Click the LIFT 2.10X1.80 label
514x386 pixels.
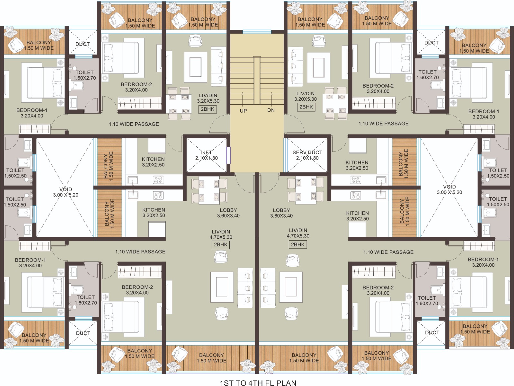[207, 155]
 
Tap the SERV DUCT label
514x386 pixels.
[307, 152]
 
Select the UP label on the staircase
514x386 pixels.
[243, 111]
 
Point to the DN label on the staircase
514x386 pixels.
[271, 110]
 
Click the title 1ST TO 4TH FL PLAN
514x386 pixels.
[258, 383]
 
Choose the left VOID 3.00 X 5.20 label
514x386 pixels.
[66, 192]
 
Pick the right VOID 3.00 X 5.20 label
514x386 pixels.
[449, 189]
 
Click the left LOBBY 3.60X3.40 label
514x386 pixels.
[228, 213]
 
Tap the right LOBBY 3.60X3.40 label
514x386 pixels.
[281, 213]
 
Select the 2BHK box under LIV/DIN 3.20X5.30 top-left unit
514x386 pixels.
[208, 109]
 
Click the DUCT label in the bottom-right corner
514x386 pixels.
[432, 332]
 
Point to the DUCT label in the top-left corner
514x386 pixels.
[83, 44]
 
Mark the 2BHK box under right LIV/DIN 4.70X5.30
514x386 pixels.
[297, 244]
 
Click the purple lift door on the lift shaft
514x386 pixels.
[228, 155]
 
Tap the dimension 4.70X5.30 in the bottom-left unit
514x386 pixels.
[221, 237]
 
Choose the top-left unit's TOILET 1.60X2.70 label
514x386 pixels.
[84, 75]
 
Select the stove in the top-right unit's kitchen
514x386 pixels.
[356, 180]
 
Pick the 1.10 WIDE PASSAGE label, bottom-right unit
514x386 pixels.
[388, 252]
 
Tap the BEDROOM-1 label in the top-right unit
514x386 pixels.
[483, 111]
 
